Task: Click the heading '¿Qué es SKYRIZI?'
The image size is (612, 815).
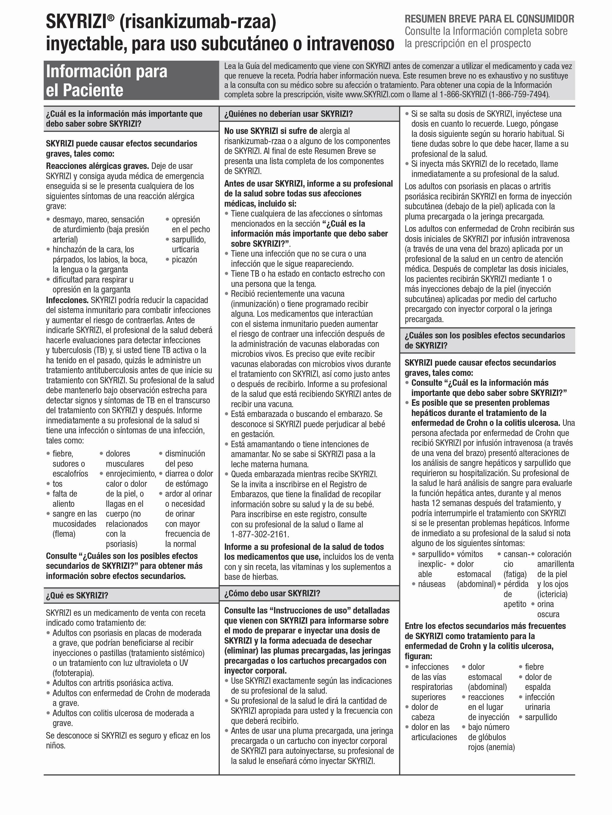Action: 77,595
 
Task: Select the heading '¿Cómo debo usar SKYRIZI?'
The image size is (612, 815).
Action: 272,593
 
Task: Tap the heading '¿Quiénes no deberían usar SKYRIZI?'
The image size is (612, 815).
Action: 288,114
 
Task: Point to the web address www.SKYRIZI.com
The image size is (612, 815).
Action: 375,94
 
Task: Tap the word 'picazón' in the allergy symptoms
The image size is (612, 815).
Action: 184,260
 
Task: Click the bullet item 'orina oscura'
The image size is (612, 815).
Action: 548,609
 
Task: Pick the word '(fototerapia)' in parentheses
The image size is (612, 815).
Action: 73,673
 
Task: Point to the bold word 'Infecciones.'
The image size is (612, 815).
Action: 67,300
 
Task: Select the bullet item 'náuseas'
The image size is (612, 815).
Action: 432,584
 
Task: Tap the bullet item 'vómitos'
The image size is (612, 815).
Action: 470,554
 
